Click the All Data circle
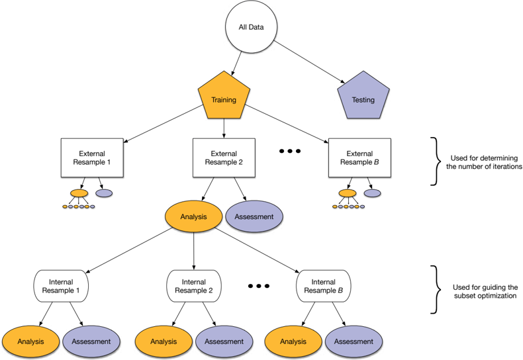pos(251,27)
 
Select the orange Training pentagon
pos(224,97)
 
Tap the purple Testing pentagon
pos(363,97)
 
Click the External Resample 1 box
pos(92,157)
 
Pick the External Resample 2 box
pos(224,157)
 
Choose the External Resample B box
pos(359,157)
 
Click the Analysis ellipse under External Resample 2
pos(193,216)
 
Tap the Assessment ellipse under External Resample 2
pos(254,216)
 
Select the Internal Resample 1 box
pos(61,286)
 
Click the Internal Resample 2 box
pos(194,286)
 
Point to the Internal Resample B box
pos(324,286)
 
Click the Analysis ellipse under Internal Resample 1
pos(30,341)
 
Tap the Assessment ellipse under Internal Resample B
pos(354,341)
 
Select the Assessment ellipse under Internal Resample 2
pos(224,341)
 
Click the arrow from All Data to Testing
pos(309,62)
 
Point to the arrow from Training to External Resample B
pos(287,124)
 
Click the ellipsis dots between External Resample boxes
pos(290,151)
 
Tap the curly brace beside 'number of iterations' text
pos(435,161)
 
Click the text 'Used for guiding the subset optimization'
pos(485,291)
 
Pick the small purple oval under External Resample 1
pos(104,193)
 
